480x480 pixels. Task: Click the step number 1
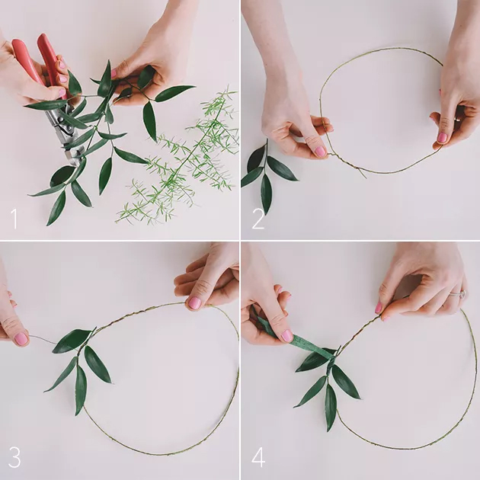[x=14, y=219]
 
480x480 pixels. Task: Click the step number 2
[x=258, y=219]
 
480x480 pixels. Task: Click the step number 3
[x=14, y=457]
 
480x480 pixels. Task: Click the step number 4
[x=258, y=457]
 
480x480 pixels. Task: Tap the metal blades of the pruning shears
[x=66, y=132]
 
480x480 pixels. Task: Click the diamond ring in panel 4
[x=459, y=295]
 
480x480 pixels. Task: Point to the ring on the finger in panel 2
[x=456, y=119]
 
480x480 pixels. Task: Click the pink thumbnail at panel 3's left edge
[x=21, y=339]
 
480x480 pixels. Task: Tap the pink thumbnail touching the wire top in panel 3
[x=194, y=302]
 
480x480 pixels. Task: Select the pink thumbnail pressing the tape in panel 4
[x=287, y=336]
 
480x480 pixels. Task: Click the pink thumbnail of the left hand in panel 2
[x=320, y=151]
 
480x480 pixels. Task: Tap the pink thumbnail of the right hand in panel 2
[x=442, y=138]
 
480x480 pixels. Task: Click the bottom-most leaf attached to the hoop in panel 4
[x=331, y=407]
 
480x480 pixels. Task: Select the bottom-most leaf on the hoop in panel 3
[x=81, y=389]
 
